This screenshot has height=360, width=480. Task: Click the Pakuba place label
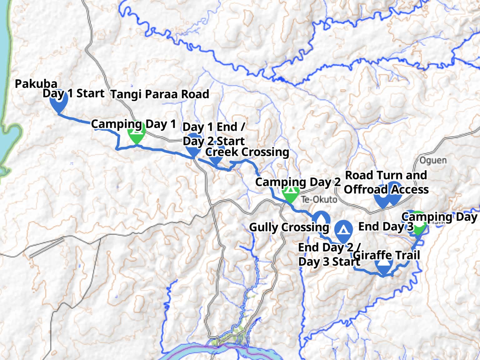tap(36, 84)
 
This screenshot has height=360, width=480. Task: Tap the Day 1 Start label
tap(74, 93)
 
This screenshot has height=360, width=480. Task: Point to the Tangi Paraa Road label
tap(160, 94)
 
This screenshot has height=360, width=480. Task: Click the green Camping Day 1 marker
tap(136, 134)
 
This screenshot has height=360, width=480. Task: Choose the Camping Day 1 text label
tap(133, 124)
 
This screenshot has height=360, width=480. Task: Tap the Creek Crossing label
tap(247, 152)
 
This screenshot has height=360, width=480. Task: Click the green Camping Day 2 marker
tap(291, 194)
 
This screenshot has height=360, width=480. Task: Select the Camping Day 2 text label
tap(297, 182)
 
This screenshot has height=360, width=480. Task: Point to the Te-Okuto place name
tap(319, 199)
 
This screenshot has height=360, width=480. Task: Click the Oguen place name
tap(433, 161)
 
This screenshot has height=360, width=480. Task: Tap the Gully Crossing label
tap(289, 227)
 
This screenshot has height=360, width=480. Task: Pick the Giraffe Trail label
tap(386, 255)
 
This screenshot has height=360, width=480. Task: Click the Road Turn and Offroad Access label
tap(386, 182)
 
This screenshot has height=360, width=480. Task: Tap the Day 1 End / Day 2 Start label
tap(214, 134)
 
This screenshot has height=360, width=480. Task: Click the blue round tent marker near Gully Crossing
tap(343, 230)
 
